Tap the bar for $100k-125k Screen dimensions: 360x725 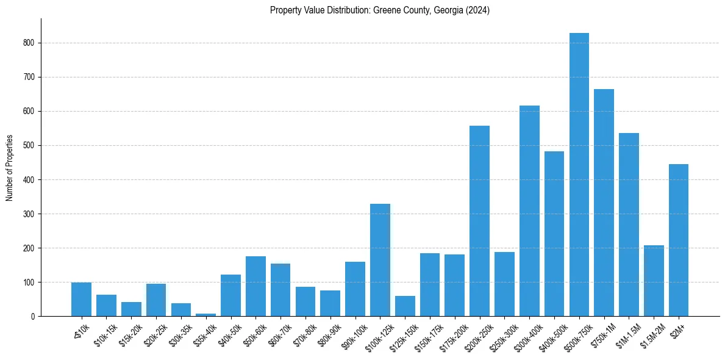point(380,260)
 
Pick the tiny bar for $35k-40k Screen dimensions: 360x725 point(205,314)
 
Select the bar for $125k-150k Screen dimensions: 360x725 point(405,306)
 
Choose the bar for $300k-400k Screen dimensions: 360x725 point(529,211)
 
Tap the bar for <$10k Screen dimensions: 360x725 point(81,299)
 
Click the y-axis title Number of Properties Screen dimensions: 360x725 point(10,168)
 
